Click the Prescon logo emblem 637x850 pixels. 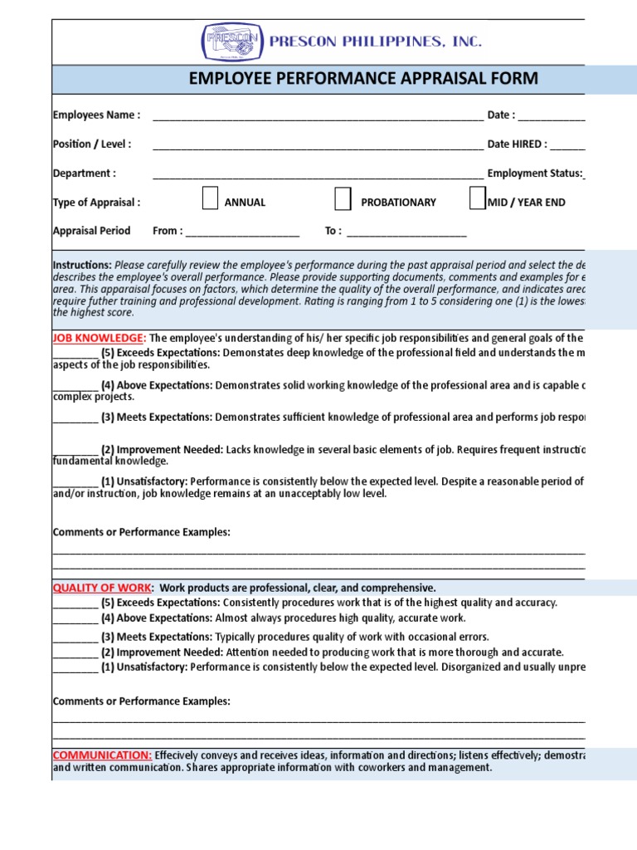[x=231, y=42]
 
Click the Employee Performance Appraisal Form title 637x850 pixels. [x=363, y=79]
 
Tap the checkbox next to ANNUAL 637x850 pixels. [x=211, y=199]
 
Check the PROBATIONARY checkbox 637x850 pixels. [x=343, y=199]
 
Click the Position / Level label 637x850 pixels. [x=91, y=144]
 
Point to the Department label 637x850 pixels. [x=84, y=173]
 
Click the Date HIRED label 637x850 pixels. [x=517, y=144]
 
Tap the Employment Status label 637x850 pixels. [x=534, y=173]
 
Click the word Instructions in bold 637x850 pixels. [x=82, y=263]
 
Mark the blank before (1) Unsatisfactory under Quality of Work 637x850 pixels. [x=75, y=667]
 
